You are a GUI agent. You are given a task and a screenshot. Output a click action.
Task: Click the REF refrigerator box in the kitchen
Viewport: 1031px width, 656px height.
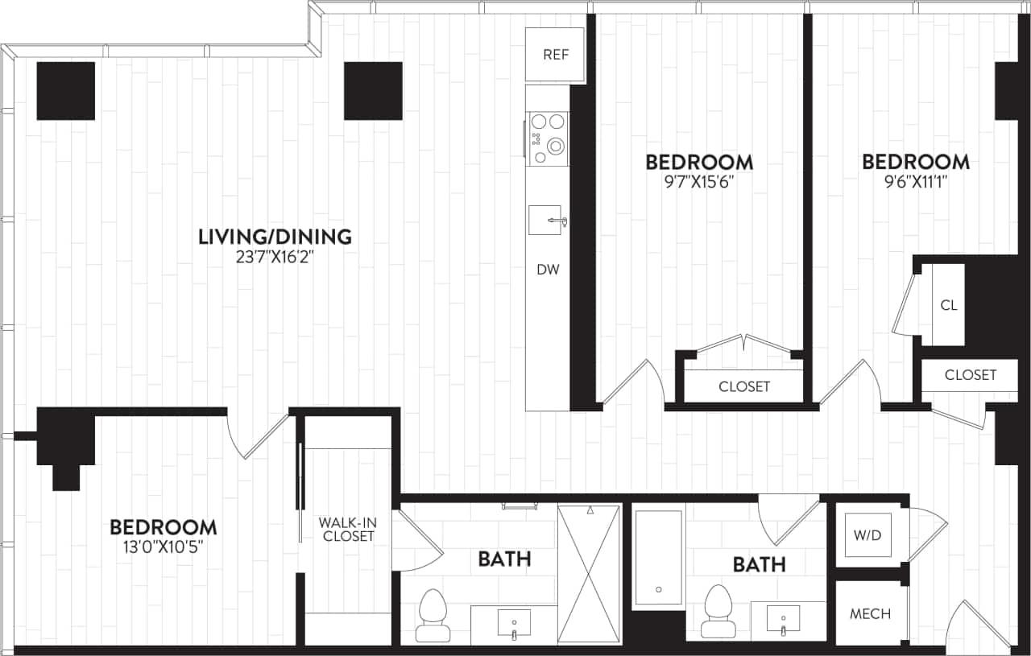[x=554, y=55]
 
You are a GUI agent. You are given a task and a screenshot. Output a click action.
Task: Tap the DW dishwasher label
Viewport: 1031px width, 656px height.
[x=548, y=270]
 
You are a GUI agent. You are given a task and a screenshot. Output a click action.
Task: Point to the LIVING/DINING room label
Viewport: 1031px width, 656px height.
[x=275, y=237]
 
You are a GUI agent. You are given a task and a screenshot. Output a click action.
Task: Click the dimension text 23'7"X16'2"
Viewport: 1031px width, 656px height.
[x=275, y=257]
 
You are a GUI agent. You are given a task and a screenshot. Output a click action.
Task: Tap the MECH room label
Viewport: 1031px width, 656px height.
[x=870, y=614]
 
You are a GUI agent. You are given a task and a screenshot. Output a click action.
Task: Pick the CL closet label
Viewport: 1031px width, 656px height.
[x=948, y=306]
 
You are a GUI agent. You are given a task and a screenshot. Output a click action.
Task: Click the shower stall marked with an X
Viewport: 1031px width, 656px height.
[x=589, y=574]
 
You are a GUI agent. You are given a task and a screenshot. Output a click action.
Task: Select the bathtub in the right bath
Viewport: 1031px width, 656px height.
[x=658, y=559]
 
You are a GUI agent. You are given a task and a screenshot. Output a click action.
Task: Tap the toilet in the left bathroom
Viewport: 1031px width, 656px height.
[x=434, y=616]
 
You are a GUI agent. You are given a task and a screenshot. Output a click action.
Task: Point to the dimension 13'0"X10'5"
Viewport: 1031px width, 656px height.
[x=163, y=547]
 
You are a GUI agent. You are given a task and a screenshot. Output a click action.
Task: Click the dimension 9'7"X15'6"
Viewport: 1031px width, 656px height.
[x=699, y=181]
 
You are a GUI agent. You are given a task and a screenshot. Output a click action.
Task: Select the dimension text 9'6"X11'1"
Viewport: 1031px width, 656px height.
[x=915, y=181]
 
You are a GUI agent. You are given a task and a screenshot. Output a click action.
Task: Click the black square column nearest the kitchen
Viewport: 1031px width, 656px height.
[x=373, y=91]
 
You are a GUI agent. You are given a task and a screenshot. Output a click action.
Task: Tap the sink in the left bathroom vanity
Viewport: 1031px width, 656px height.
[x=513, y=623]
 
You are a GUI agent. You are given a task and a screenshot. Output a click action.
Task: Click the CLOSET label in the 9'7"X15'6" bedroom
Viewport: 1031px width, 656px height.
[x=743, y=386]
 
